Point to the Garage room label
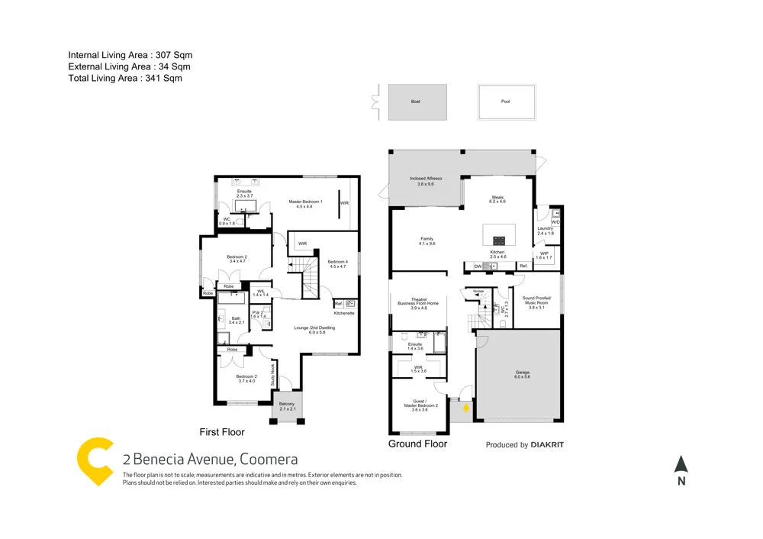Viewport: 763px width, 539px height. [522, 375]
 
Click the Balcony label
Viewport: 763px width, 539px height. [287, 406]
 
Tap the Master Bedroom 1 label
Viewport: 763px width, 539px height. [305, 205]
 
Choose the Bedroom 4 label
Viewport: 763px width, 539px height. [338, 263]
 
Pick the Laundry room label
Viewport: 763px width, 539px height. [545, 231]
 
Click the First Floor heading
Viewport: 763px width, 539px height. [221, 432]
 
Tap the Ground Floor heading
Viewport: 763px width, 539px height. [417, 444]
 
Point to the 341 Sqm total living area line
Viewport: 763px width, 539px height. [125, 78]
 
